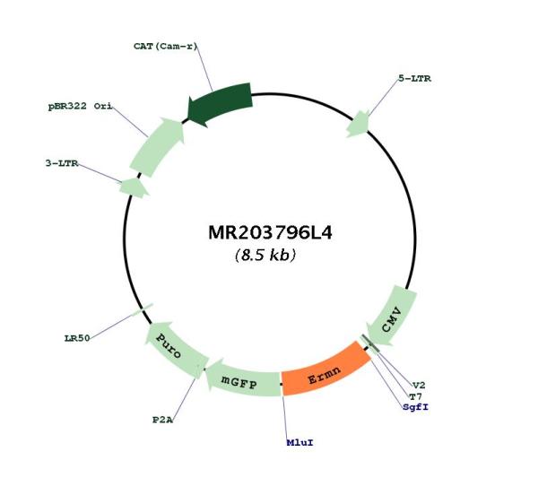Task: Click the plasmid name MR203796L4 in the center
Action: [x=270, y=232]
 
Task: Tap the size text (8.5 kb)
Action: [x=265, y=255]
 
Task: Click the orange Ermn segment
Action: [x=325, y=369]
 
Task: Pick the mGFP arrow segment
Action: [x=242, y=378]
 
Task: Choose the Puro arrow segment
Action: [x=175, y=347]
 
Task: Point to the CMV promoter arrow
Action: [x=392, y=318]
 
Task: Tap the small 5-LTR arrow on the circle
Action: [x=358, y=124]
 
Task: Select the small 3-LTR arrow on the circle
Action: [x=134, y=187]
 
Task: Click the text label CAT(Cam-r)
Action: [x=166, y=46]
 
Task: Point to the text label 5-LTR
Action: [x=414, y=79]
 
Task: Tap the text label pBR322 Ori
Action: [x=81, y=106]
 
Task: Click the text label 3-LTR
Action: [x=62, y=163]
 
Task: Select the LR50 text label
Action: [x=77, y=338]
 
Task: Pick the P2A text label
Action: [x=162, y=420]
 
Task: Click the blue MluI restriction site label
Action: [x=299, y=443]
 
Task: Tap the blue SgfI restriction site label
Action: [x=415, y=407]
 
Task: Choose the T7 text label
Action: [x=415, y=396]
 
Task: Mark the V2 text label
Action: [x=419, y=386]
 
